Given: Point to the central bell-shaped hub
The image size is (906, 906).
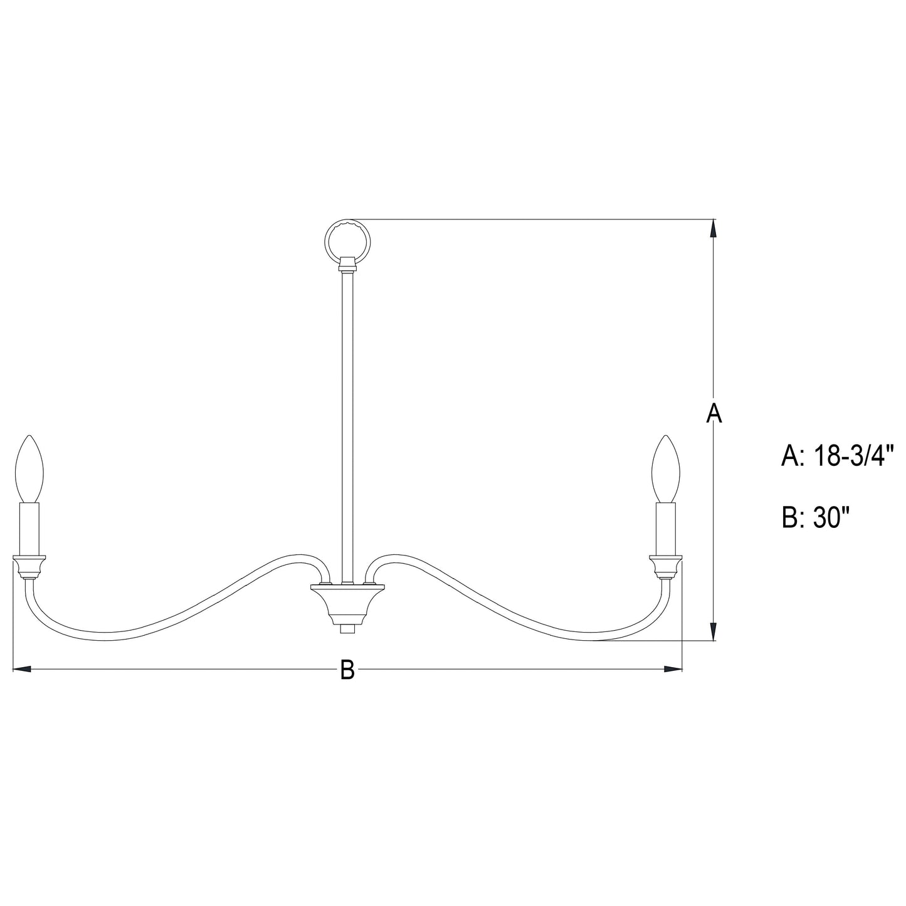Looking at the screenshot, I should point(347,602).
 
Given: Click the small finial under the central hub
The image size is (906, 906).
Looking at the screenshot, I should point(347,628).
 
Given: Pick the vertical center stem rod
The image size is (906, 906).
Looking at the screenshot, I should point(347,426).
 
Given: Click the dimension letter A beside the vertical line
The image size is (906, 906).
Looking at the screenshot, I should point(714,414).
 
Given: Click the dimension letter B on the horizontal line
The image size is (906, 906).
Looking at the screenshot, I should point(347,670).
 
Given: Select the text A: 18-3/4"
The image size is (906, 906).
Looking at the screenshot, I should point(836,456).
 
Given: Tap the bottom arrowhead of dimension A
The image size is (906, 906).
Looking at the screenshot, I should point(714,631).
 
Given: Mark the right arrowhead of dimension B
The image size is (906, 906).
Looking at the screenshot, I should point(673,670).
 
